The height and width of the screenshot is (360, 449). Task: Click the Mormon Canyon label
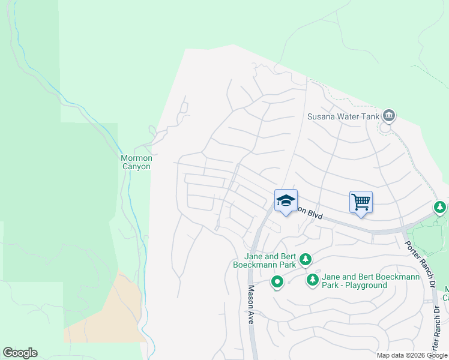pyautogui.click(x=136, y=162)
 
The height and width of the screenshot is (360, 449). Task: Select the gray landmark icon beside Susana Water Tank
pyautogui.click(x=388, y=115)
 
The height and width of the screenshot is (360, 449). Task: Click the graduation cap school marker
pyautogui.click(x=286, y=200)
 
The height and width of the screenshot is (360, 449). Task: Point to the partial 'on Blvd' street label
pyautogui.click(x=310, y=213)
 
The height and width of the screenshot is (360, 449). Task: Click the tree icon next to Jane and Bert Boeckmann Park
pyautogui.click(x=306, y=259)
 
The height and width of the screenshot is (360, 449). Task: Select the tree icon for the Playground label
pyautogui.click(x=312, y=280)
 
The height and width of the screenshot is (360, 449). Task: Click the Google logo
pyautogui.click(x=20, y=353)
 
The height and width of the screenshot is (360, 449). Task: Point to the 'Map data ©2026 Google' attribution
pyautogui.click(x=412, y=355)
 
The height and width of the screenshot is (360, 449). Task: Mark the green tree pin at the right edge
pyautogui.click(x=440, y=208)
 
